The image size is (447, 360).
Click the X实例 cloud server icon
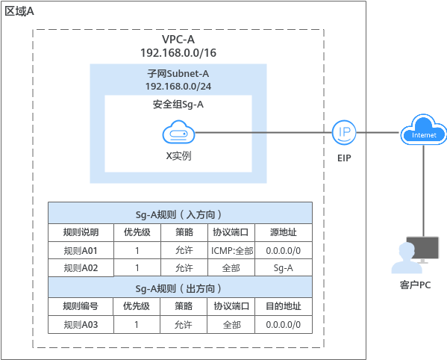tap(178, 132)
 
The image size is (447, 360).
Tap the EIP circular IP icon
tap(344, 132)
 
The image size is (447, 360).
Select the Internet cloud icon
tap(423, 131)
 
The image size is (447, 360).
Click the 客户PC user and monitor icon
tap(415, 255)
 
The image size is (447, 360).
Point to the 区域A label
tap(19, 11)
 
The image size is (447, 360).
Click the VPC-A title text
tap(178, 40)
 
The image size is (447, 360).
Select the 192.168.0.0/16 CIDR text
tap(178, 53)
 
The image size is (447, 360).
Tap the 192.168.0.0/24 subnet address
tap(178, 86)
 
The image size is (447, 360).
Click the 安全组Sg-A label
tap(178, 105)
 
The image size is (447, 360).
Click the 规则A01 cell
tap(81, 250)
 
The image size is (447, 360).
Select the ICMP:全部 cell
tap(232, 250)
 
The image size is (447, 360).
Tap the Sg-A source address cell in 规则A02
tap(283, 268)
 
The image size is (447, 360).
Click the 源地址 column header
tap(284, 232)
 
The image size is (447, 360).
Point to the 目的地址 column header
tap(284, 306)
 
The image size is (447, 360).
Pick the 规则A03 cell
tap(81, 325)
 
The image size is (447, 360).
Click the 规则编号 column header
tap(81, 306)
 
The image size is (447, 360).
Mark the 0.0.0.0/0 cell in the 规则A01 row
tap(283, 250)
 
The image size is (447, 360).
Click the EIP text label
tap(344, 158)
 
